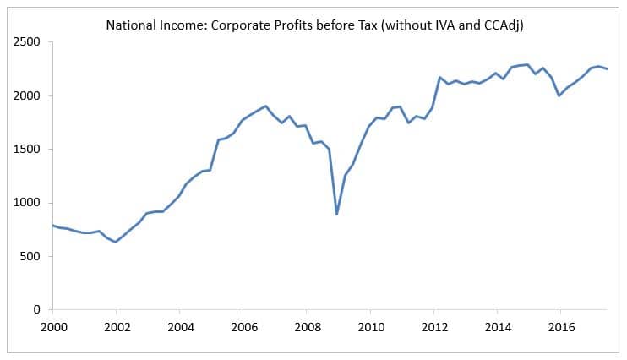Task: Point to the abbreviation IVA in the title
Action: [x=431, y=25]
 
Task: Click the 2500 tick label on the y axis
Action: [x=29, y=42]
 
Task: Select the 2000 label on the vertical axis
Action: [x=29, y=95]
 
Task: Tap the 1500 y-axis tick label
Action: [x=29, y=150]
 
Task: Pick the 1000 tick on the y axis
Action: [x=29, y=203]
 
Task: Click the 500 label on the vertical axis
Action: [x=32, y=256]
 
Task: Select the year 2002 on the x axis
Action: [x=116, y=326]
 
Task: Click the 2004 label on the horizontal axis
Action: [x=179, y=326]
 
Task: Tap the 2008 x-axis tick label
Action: [x=307, y=326]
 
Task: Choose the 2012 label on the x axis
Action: [x=434, y=326]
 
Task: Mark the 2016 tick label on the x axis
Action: [x=562, y=326]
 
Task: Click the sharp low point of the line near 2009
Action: [x=337, y=214]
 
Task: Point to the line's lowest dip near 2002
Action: [x=116, y=243]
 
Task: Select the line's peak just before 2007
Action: [x=266, y=106]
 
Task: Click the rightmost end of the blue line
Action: [x=607, y=69]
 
